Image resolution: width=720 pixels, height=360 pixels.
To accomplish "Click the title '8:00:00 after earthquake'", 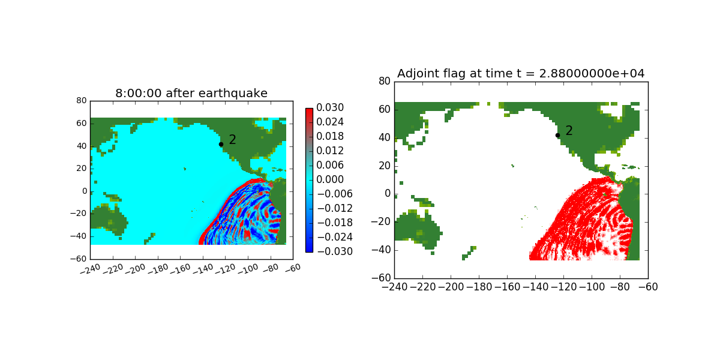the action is (191, 93).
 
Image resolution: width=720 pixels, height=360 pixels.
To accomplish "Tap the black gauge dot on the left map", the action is (221, 145).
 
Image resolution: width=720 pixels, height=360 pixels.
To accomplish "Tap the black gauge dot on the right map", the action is (557, 136).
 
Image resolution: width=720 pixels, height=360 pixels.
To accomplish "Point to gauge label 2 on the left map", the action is (232, 139).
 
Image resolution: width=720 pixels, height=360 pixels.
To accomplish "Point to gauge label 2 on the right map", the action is (569, 131).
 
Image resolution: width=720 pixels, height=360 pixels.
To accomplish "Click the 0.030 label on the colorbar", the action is (330, 107).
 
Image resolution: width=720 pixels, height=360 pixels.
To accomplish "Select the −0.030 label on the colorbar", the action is (335, 251).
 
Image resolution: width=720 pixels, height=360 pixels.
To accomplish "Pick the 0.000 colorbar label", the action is (330, 179).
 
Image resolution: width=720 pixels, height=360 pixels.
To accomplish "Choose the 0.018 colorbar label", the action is (330, 136).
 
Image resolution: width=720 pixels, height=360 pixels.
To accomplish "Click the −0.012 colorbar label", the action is (335, 208).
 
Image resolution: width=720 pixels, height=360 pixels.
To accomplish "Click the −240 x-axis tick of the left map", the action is (91, 269).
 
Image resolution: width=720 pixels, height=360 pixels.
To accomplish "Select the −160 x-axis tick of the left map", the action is (181, 269).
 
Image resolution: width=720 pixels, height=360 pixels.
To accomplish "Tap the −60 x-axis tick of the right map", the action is (648, 287).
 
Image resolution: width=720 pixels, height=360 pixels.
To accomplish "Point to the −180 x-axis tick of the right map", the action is (479, 287).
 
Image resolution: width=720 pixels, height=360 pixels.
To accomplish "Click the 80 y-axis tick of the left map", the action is (82, 101).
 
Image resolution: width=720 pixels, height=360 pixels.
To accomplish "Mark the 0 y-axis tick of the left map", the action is (85, 191).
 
